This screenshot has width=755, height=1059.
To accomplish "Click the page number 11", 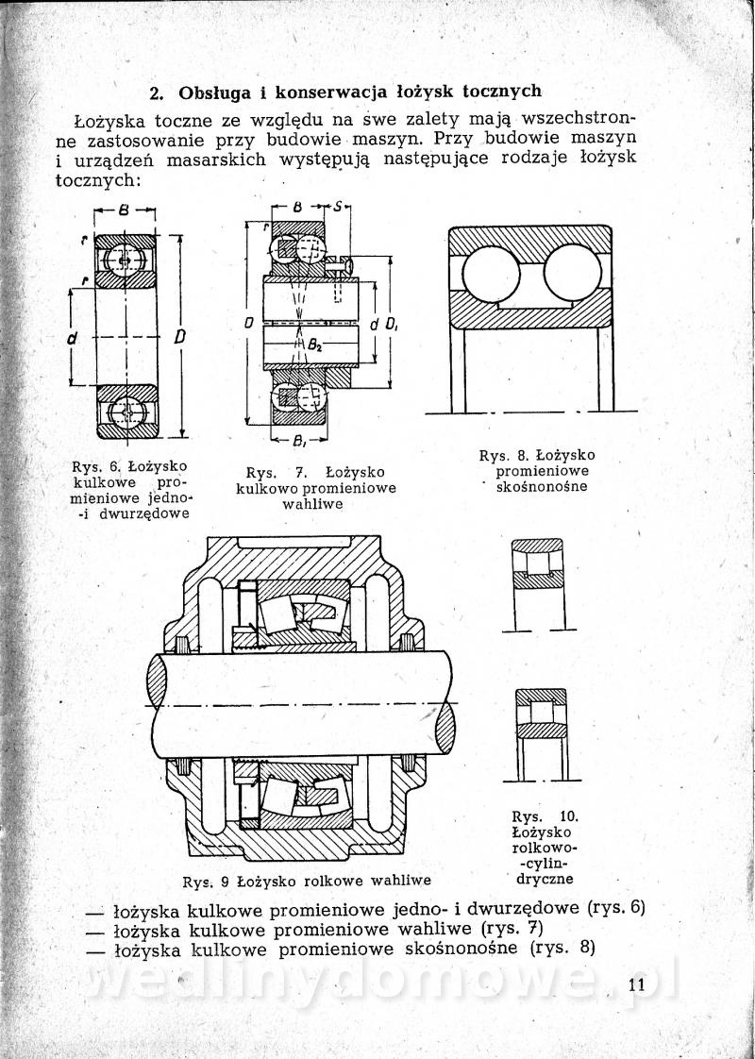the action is (636, 984).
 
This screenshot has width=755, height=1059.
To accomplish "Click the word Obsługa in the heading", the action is (214, 92).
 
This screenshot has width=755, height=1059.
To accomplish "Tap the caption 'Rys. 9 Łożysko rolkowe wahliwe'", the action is (307, 882).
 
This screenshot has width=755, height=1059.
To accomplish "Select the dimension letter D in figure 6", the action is (179, 337).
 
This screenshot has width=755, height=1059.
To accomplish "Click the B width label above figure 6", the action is (124, 210).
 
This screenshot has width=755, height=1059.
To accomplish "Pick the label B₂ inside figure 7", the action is (315, 345).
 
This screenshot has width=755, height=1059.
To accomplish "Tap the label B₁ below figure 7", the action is (299, 443).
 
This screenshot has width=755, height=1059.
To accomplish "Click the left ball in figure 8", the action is (491, 275).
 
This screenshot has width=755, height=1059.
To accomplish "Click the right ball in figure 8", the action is (573, 273).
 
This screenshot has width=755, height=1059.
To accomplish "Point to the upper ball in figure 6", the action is (125, 261).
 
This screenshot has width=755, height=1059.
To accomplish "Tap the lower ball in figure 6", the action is (126, 412).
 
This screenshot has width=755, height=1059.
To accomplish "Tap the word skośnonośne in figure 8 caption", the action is (542, 487).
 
